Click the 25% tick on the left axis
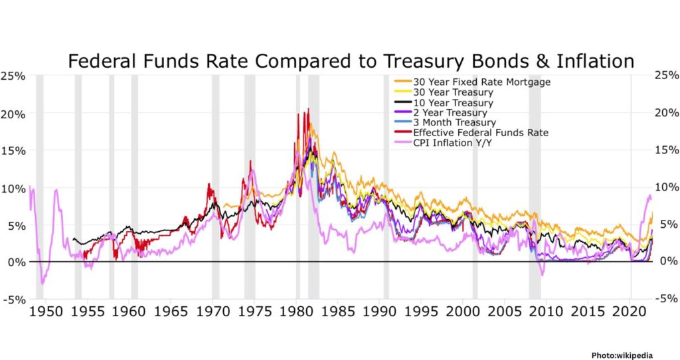13,76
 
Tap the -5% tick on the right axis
666,298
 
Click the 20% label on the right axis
667,113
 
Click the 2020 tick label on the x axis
630,311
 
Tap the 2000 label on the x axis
463,311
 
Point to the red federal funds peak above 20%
307,110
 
